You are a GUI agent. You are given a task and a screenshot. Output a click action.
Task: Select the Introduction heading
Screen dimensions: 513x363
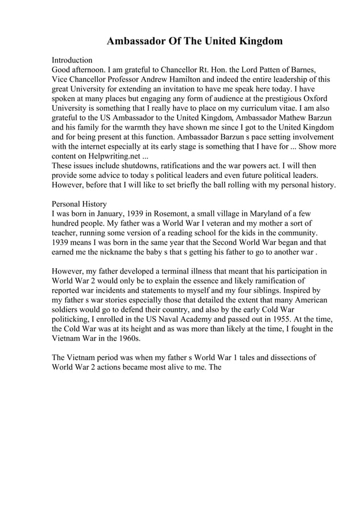point(72,60)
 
